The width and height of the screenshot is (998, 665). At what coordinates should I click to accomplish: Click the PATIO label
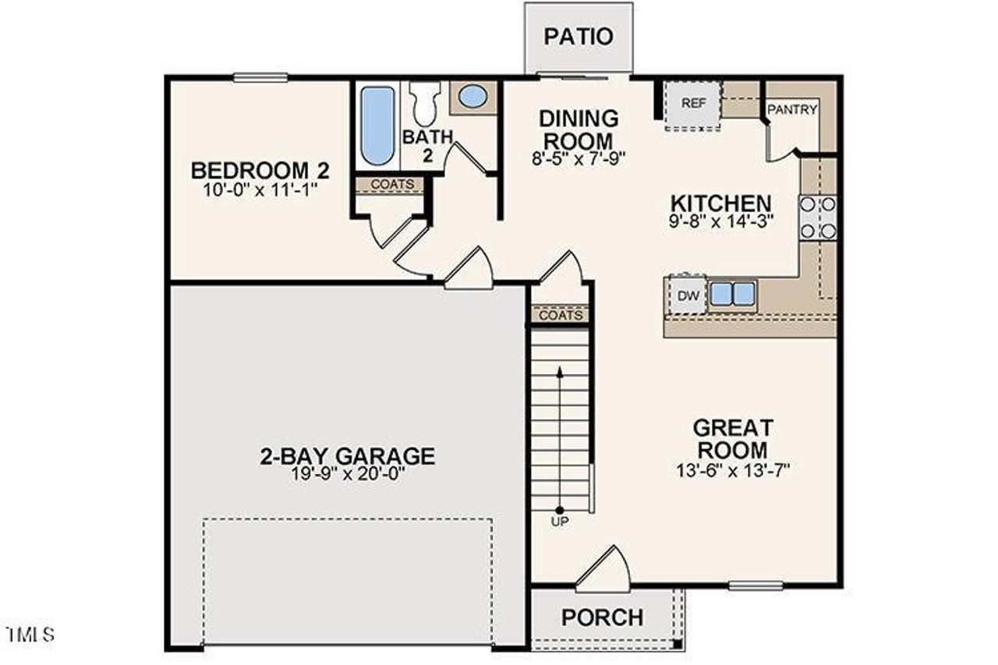[x=579, y=37]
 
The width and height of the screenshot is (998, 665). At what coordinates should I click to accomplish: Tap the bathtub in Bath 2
[x=377, y=125]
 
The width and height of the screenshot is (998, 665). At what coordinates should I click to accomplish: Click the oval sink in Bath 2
[x=472, y=97]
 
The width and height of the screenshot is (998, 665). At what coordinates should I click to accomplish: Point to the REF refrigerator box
[x=692, y=104]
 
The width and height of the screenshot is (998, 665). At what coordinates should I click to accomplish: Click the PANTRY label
[x=792, y=110]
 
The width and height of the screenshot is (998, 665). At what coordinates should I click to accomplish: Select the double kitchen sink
[x=732, y=294]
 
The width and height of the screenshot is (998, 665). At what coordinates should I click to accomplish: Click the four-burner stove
[x=818, y=218]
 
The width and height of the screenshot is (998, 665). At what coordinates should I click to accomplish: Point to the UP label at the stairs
[x=560, y=522]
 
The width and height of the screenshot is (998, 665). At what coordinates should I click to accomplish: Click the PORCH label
[x=603, y=617]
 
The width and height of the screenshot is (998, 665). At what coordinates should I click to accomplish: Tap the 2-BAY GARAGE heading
[x=347, y=456]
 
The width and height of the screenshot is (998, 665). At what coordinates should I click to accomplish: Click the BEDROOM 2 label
[x=260, y=169]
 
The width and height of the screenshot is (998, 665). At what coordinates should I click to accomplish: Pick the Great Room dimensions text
[x=734, y=470]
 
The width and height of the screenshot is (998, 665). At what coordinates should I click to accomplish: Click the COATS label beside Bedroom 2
[x=388, y=186]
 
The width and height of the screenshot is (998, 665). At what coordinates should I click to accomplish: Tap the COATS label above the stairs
[x=561, y=316]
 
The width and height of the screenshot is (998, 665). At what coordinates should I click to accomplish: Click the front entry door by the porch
[x=603, y=569]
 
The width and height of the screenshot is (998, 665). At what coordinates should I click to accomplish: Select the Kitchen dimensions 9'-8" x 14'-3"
[x=721, y=221]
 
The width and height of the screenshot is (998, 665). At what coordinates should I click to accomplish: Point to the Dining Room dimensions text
[x=579, y=160]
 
